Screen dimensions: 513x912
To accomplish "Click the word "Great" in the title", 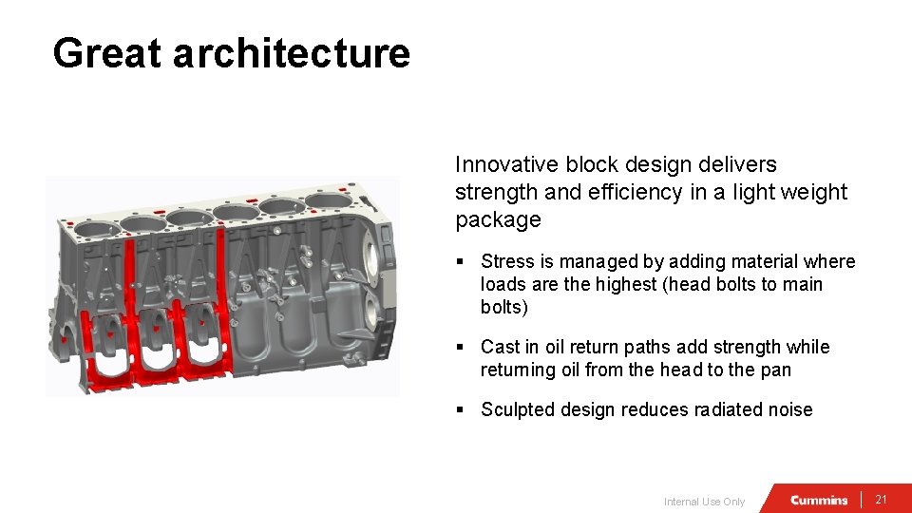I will point(107,53).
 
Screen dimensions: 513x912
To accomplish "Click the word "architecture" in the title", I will point(291,53).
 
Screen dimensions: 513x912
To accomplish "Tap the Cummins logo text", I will point(819,500).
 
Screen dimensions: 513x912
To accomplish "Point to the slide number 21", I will point(881,500).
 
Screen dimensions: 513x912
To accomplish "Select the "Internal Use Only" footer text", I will point(704,502).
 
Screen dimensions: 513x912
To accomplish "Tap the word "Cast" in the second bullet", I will point(500,347).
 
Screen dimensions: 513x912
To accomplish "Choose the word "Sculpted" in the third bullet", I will point(520,409).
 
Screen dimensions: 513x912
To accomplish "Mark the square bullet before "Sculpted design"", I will point(460,409).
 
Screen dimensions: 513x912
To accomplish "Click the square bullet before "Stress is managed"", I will point(460,261).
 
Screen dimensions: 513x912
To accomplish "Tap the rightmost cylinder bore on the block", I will point(327,202).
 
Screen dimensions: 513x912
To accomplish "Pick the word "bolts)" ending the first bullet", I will point(504,307).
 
